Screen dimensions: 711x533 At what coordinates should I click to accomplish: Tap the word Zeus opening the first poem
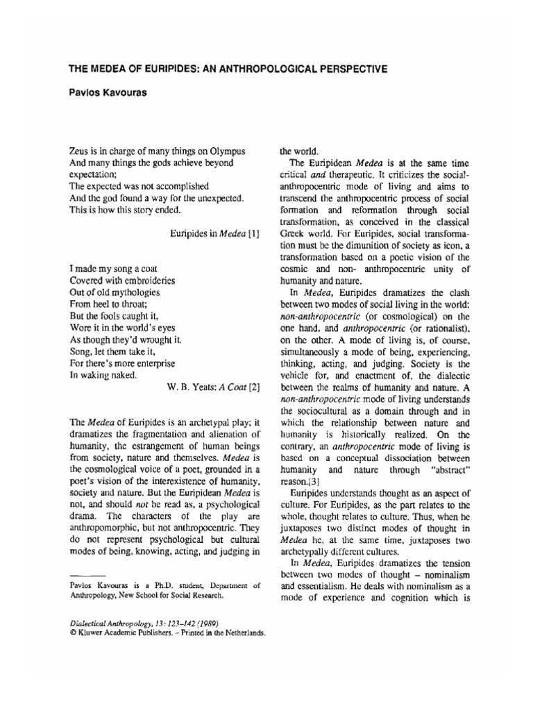[x=81, y=151]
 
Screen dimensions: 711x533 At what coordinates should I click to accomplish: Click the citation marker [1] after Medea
[x=253, y=234]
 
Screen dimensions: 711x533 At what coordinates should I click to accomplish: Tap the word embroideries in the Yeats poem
[x=146, y=280]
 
